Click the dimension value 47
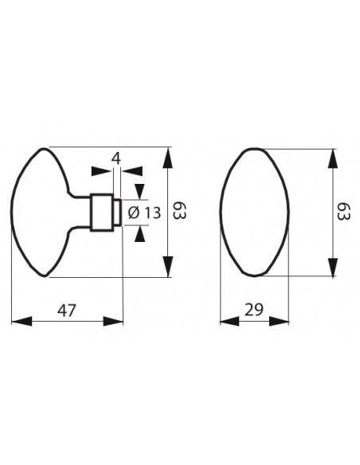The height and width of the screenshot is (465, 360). (x=67, y=311)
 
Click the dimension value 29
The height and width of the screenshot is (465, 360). (x=254, y=310)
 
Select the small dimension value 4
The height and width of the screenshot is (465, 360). (x=116, y=159)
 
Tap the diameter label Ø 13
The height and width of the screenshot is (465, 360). (x=144, y=213)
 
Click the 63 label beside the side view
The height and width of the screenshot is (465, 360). (x=179, y=210)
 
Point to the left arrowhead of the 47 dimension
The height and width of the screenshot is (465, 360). (x=22, y=321)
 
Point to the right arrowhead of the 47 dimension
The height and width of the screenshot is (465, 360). (x=112, y=321)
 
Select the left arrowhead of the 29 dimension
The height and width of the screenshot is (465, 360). (x=229, y=321)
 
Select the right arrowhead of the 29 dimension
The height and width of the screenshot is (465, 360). (x=279, y=321)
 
